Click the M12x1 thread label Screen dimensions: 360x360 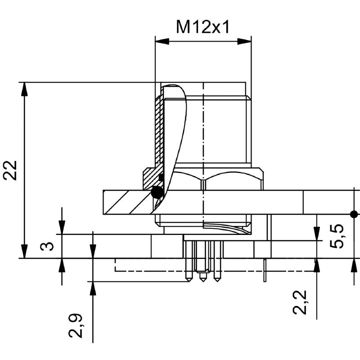202,27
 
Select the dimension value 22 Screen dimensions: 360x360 10,170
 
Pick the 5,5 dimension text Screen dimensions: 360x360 337,235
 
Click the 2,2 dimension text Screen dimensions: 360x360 300,302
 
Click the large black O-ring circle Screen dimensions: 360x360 157,192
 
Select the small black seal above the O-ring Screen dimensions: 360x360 161,177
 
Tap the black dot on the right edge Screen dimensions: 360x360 354,214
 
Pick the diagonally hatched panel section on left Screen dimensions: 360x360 126,202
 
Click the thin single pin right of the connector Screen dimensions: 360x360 265,270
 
